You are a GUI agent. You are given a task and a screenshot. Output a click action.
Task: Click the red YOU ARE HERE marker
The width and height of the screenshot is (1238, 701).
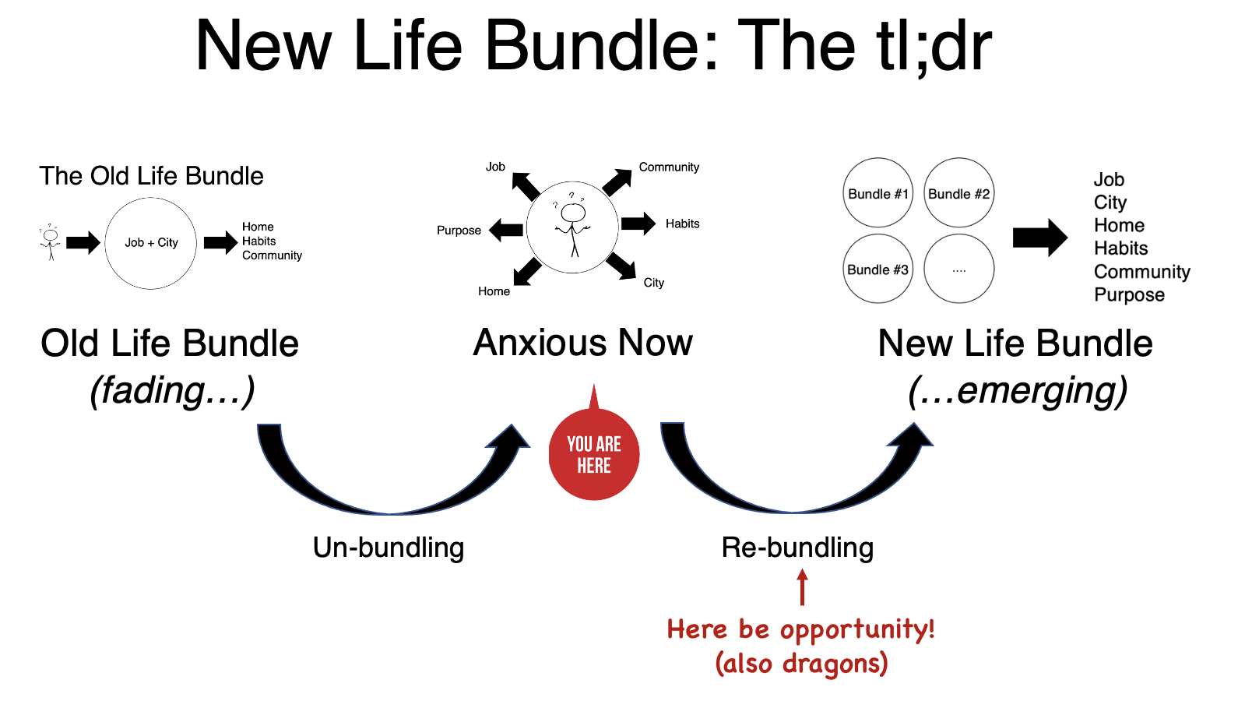[x=594, y=454]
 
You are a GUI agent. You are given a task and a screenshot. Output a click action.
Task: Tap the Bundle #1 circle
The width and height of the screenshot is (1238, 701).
[x=878, y=193]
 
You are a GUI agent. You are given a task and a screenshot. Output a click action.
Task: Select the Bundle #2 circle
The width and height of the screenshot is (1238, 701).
[x=958, y=193]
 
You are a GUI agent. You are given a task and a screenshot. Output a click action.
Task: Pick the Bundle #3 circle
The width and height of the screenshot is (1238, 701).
[x=878, y=269]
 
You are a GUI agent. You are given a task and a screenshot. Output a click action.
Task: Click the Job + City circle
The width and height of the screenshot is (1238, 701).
[x=151, y=243]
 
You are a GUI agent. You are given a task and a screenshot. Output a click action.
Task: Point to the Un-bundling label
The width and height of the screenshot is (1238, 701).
[x=389, y=548]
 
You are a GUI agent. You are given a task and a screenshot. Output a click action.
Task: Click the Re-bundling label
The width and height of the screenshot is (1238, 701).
[x=797, y=548]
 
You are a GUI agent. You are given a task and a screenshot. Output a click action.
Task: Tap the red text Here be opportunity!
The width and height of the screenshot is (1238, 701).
[x=800, y=629]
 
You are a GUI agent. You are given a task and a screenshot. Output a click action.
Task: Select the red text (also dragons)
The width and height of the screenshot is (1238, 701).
[x=801, y=664]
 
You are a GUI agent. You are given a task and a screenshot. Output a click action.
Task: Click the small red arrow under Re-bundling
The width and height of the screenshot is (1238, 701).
[x=802, y=587]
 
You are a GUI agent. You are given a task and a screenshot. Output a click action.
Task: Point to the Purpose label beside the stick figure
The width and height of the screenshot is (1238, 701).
[x=459, y=231]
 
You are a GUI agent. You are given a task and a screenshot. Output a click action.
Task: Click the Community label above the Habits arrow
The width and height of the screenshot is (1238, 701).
[x=669, y=167]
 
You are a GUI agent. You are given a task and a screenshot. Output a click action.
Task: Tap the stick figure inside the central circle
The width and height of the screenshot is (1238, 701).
[x=573, y=226]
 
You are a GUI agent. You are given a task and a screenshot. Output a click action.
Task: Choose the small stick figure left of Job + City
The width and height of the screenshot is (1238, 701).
[x=51, y=241]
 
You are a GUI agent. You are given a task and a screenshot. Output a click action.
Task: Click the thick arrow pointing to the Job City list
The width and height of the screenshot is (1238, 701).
[x=1039, y=238]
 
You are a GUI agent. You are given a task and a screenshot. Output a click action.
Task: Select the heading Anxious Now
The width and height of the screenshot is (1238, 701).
[x=582, y=343]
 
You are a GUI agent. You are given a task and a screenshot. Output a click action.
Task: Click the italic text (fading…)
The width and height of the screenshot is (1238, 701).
[x=172, y=391]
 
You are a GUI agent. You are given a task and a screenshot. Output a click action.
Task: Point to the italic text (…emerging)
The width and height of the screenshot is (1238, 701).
[x=1018, y=391]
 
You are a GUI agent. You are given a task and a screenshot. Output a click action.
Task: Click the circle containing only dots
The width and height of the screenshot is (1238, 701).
[x=958, y=269]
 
